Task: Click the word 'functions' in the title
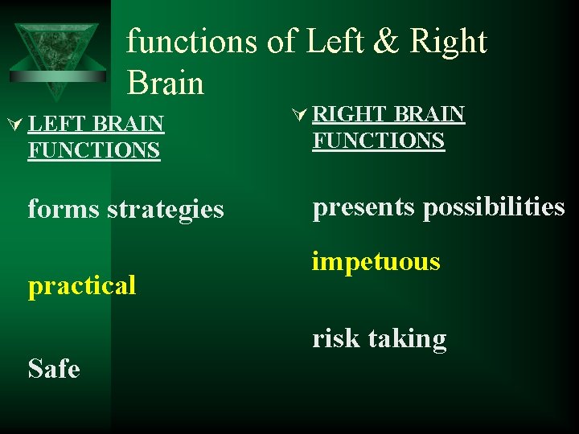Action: tap(191, 40)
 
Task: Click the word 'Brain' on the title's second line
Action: tap(165, 82)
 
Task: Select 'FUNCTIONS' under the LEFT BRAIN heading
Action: tap(93, 150)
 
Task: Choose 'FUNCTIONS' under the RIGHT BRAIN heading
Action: tap(378, 141)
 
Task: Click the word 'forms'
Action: tap(64, 209)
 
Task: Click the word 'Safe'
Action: tap(54, 369)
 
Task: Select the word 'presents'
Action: tap(364, 207)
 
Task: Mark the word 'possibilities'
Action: tap(494, 207)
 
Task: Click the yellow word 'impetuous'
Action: tap(376, 262)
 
